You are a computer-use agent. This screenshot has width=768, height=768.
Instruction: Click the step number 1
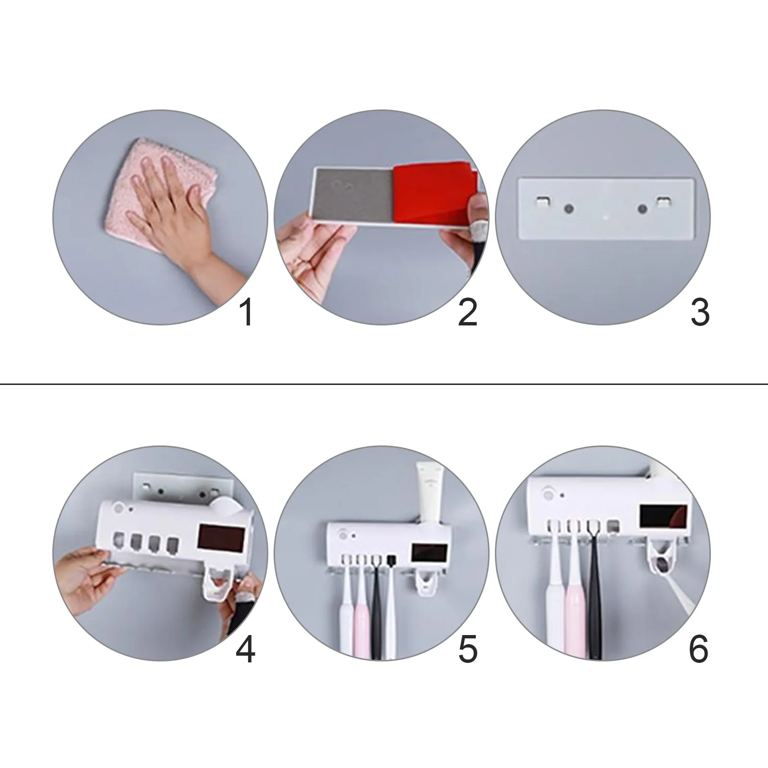[x=247, y=312]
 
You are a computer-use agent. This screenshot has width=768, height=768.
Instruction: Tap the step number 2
[x=468, y=312]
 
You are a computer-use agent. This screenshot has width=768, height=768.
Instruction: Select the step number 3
[x=700, y=312]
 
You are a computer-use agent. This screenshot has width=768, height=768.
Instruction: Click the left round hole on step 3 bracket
[x=569, y=209]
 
